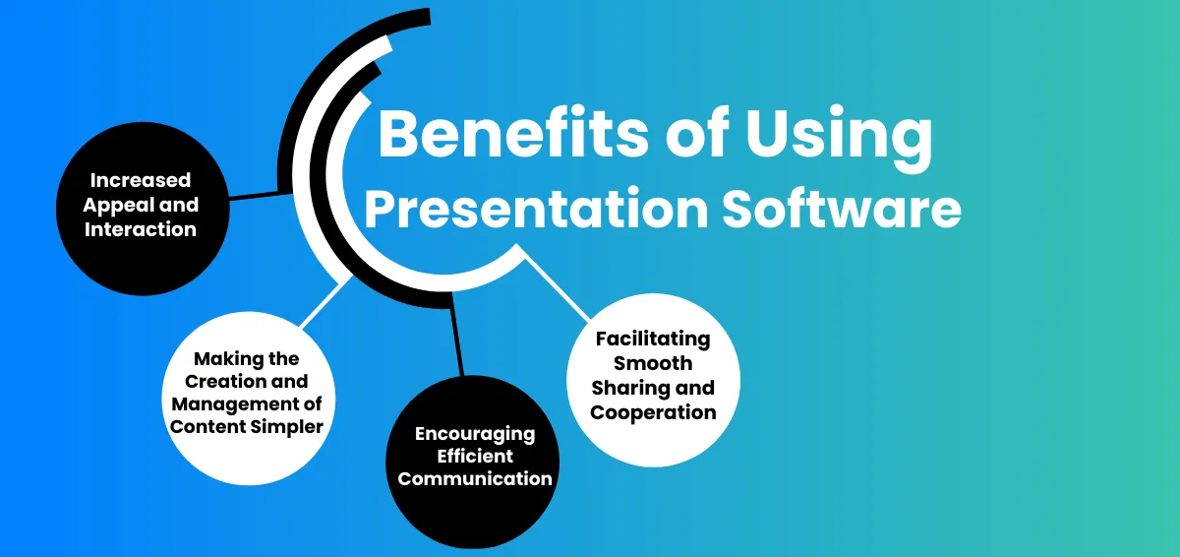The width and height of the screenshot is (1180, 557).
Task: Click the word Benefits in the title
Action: [513, 132]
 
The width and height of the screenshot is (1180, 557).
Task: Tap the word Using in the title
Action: [839, 137]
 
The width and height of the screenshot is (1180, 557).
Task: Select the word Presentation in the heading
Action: [536, 209]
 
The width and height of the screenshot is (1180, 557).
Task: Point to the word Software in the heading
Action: [842, 207]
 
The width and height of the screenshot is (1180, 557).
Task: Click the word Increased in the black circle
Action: [140, 180]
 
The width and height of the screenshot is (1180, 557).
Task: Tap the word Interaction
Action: [140, 229]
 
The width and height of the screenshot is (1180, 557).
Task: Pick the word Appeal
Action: [117, 205]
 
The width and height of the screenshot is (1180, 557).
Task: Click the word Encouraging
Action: [475, 434]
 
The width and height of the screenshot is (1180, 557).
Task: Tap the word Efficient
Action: [475, 456]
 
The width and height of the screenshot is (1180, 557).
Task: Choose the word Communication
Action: [475, 478]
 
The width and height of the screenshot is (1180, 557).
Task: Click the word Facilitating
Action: [653, 339]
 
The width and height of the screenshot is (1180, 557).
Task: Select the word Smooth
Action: [653, 363]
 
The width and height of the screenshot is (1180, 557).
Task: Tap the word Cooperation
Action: [653, 412]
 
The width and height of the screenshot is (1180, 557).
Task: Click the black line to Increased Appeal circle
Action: [261, 196]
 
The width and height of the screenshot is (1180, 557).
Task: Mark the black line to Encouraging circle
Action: [457, 335]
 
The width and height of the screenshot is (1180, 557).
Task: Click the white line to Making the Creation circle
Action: [326, 301]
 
